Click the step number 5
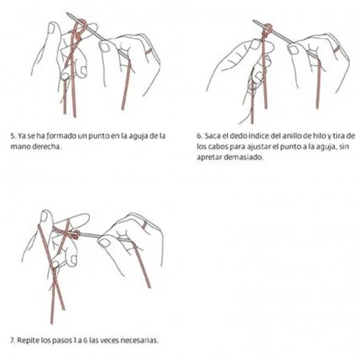tap(13, 136)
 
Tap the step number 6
tap(199, 136)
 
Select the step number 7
tap(13, 340)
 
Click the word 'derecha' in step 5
tap(46, 147)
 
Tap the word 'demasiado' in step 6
tap(244, 157)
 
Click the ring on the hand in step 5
tap(148, 51)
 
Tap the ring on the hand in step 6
tap(338, 49)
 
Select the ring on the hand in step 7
tap(145, 225)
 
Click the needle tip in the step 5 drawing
tap(67, 14)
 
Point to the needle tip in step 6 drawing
tap(253, 21)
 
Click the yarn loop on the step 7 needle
tap(76, 235)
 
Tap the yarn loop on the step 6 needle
tap(268, 29)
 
